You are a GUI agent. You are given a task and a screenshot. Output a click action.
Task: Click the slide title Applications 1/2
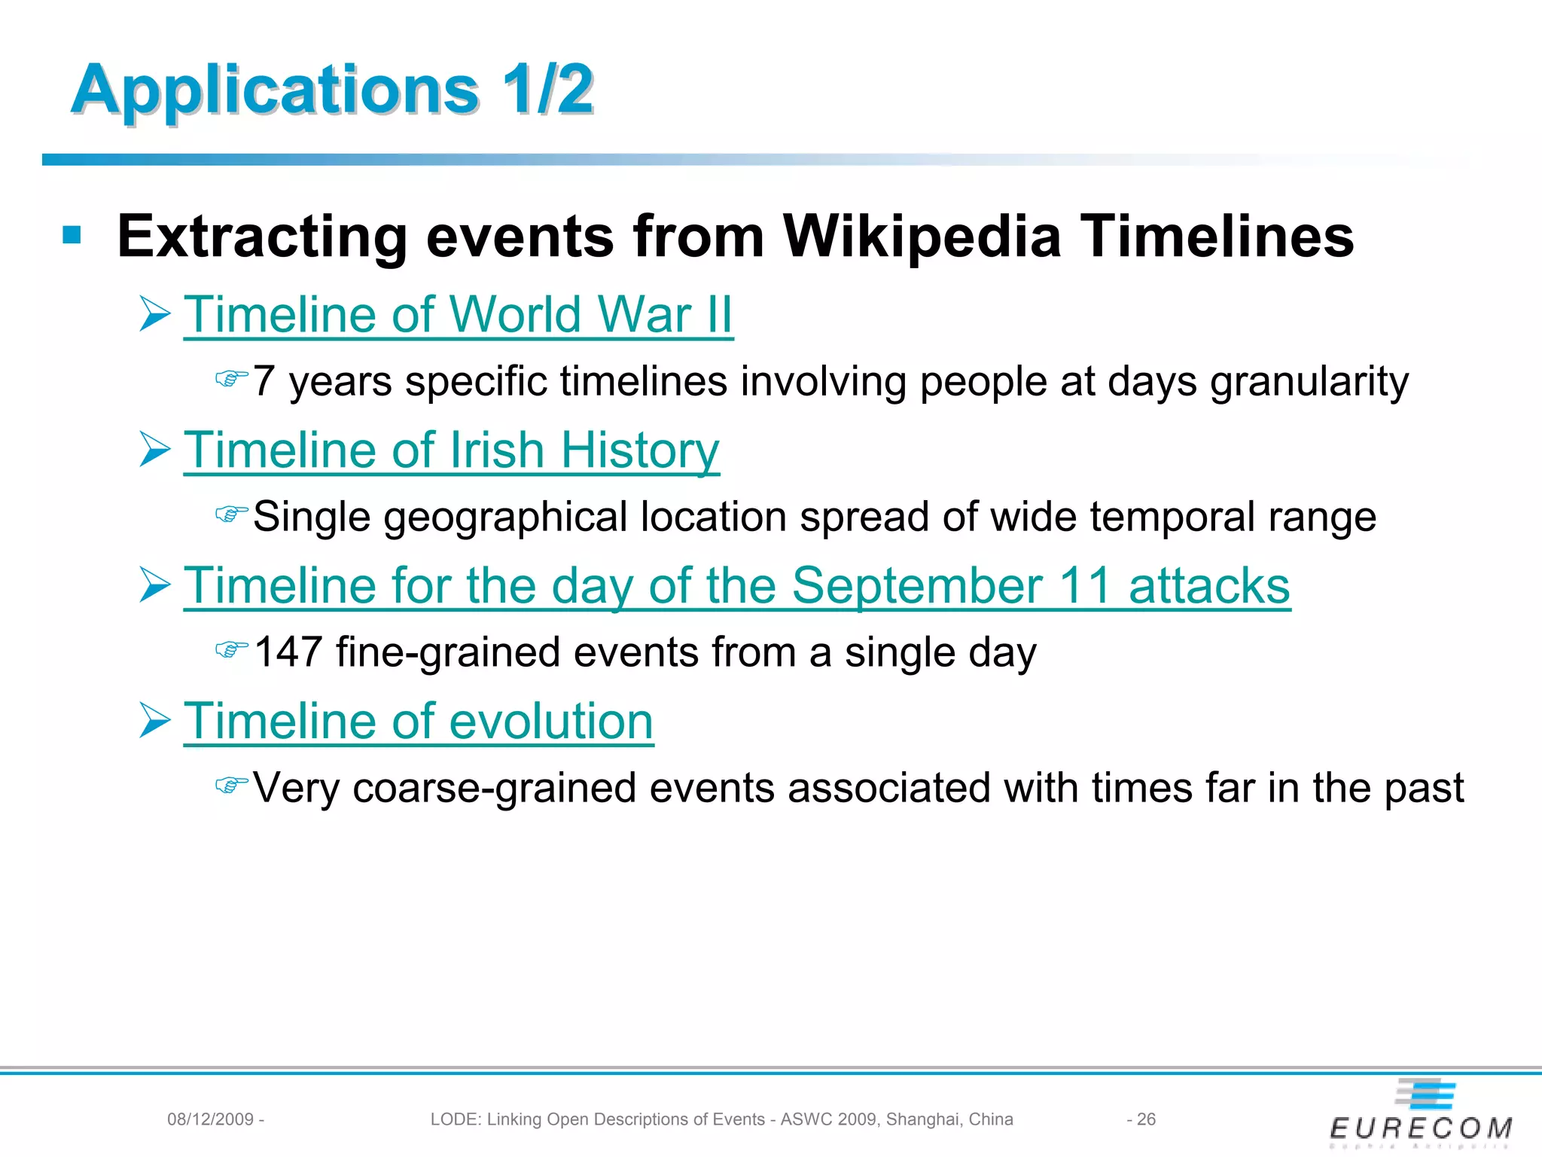331,90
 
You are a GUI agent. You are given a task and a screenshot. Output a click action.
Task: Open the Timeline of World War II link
458,314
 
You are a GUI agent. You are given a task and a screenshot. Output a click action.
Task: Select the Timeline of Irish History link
451,450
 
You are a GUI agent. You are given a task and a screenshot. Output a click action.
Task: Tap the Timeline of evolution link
418,721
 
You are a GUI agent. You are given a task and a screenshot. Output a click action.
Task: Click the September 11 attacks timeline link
736,585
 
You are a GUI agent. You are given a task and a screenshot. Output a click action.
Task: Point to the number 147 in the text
288,652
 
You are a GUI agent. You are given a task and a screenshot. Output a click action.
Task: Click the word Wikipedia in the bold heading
922,237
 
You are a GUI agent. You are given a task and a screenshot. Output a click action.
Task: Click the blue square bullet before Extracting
72,236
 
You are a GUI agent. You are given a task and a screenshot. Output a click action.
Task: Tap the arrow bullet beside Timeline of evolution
155,721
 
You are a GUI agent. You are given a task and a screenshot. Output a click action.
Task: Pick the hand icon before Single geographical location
231,514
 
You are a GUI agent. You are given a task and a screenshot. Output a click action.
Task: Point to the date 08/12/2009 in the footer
210,1119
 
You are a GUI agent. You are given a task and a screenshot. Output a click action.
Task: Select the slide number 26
1146,1119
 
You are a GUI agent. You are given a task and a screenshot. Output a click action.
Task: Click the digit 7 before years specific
263,381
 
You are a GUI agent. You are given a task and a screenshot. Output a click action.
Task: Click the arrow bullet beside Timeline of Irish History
155,450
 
